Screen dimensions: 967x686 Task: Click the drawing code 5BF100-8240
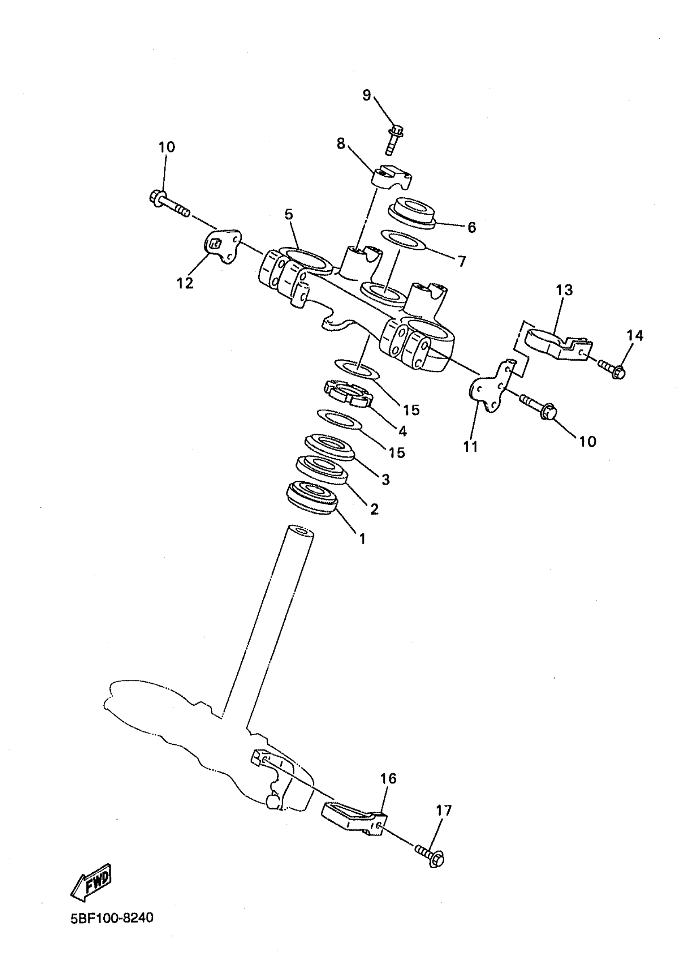(112, 929)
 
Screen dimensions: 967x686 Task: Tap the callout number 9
(367, 96)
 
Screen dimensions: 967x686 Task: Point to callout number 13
(565, 290)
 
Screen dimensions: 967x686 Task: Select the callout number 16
(389, 778)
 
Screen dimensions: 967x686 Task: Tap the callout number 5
(288, 215)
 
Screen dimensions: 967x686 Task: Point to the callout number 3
(385, 479)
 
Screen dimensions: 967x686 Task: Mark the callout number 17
(443, 810)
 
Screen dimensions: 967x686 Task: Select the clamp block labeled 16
(352, 819)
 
